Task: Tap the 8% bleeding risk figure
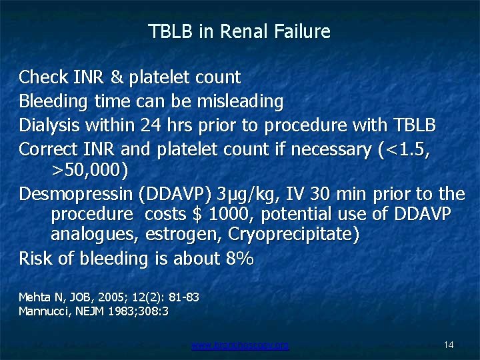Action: [239, 259]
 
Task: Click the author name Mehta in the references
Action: [32, 297]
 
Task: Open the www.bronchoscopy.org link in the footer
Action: [240, 345]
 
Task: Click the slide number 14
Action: [449, 345]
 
